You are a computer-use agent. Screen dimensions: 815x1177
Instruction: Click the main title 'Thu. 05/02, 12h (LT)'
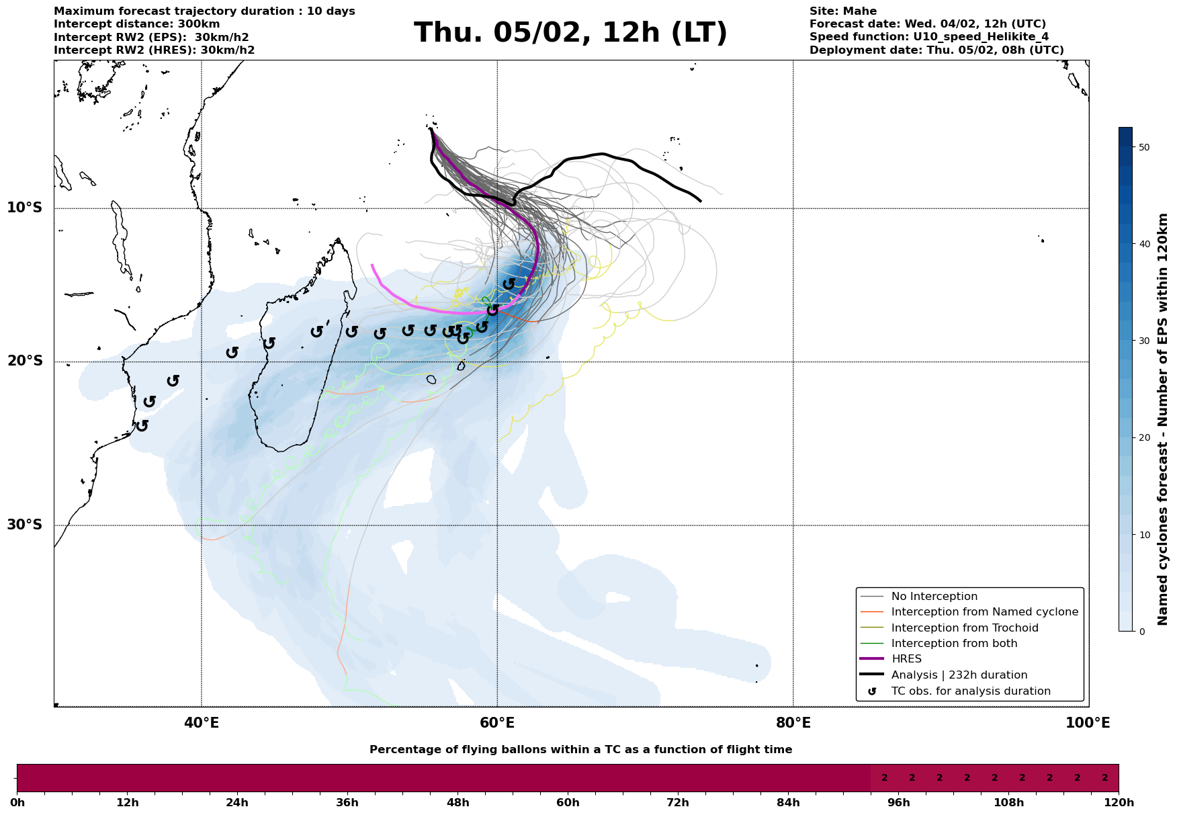(x=570, y=33)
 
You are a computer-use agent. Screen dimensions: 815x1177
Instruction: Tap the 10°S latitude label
(x=25, y=208)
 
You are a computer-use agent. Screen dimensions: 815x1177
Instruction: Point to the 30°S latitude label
(x=25, y=525)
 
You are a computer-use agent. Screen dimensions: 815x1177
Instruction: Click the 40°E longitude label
(x=202, y=724)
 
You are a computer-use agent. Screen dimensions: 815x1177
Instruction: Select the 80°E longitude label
(x=793, y=724)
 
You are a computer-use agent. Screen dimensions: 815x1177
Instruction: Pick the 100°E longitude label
(x=1088, y=724)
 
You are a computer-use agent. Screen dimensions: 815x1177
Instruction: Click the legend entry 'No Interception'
(x=934, y=597)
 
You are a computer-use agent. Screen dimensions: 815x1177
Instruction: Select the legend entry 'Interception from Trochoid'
(x=964, y=628)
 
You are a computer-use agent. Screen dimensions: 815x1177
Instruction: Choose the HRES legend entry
(x=906, y=659)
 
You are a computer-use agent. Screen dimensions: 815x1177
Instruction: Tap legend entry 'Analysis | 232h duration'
(x=959, y=675)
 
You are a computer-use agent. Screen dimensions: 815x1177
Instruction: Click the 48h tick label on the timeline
(x=457, y=803)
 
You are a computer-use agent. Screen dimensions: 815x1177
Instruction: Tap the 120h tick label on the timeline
(x=1119, y=803)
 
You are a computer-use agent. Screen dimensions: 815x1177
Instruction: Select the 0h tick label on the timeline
(x=17, y=803)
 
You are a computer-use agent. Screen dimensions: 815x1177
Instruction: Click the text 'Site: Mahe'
(x=842, y=11)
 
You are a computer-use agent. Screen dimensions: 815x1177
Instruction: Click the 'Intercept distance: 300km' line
(x=136, y=24)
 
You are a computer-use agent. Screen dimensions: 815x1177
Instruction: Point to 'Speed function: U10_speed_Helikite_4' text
(x=928, y=37)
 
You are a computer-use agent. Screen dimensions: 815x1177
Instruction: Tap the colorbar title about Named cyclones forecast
(x=1164, y=419)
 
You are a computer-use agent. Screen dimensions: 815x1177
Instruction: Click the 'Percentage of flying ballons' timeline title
(x=580, y=750)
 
